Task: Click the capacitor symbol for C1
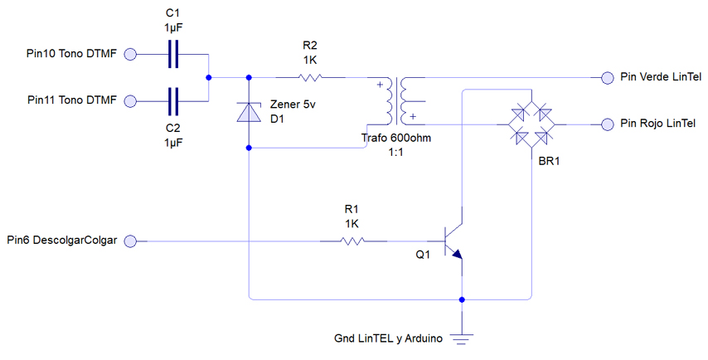(173, 54)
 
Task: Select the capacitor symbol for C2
(173, 101)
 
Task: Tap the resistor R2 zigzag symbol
(310, 78)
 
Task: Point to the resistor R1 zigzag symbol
(352, 241)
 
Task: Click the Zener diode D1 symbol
(249, 113)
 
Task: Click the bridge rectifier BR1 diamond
(531, 124)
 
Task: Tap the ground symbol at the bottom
(462, 338)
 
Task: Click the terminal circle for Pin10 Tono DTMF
(130, 54)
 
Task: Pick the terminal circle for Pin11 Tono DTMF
(130, 101)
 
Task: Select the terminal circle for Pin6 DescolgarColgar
(130, 241)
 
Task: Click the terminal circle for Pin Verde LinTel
(608, 78)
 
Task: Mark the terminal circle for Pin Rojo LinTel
(608, 124)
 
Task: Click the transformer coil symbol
(396, 100)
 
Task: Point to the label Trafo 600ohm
(396, 138)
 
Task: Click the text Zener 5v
(293, 105)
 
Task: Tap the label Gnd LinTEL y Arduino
(388, 338)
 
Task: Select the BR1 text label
(549, 161)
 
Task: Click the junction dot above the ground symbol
(462, 299)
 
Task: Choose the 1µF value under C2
(173, 143)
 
